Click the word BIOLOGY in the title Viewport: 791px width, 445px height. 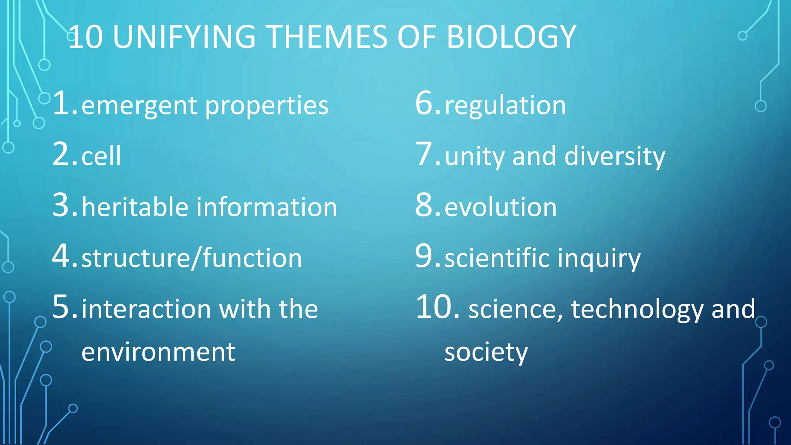(511, 37)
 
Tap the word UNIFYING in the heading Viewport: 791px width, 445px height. (184, 37)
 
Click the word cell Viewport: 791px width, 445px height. (101, 156)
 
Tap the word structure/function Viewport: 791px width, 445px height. (192, 258)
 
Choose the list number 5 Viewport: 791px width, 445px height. (61, 307)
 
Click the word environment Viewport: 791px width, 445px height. (158, 352)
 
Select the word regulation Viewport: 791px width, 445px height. (505, 105)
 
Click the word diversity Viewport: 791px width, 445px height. (615, 156)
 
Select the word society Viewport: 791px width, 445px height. (486, 353)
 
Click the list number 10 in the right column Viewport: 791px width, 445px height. (435, 307)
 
